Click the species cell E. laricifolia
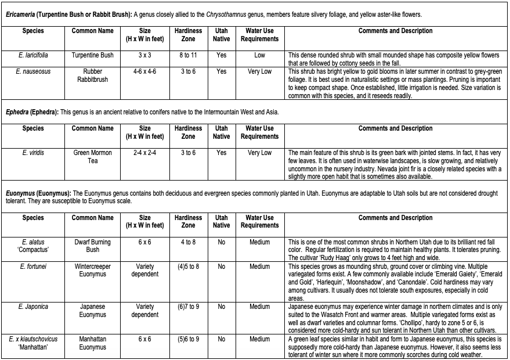[x=32, y=55]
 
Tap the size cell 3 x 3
[x=145, y=55]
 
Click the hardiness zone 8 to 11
[x=188, y=55]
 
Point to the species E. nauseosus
[x=32, y=71]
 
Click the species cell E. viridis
[x=32, y=153]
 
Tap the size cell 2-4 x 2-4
[x=145, y=153]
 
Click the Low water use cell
[x=259, y=55]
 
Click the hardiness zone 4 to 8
[x=188, y=242]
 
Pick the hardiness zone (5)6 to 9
[x=188, y=339]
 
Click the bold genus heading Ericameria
[x=23, y=14]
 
